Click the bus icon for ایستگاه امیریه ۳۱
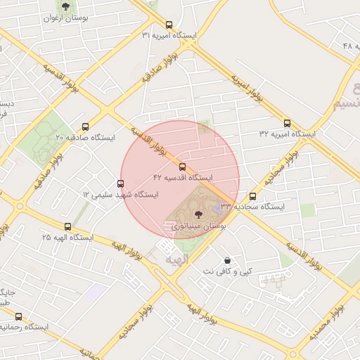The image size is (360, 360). click(169, 24)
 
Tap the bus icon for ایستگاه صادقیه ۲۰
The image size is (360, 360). click(86, 127)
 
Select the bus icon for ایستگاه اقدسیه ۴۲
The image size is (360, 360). click(183, 167)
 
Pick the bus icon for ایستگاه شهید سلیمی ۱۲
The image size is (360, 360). click(120, 184)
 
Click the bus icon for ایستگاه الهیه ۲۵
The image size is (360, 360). click(67, 226)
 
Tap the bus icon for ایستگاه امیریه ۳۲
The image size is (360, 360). click(287, 122)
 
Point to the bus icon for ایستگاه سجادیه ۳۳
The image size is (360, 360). click(253, 196)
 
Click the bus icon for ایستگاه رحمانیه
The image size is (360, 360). click(18, 316)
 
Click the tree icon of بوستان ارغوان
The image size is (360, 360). click(65, 6)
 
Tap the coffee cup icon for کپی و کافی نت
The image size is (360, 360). click(227, 260)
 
